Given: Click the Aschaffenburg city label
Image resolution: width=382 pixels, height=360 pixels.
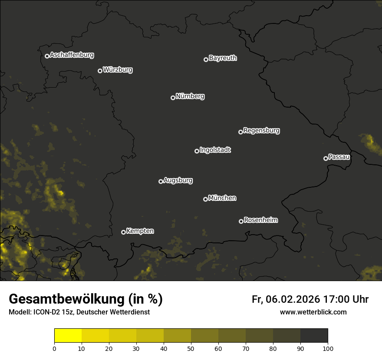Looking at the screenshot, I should point(72,55).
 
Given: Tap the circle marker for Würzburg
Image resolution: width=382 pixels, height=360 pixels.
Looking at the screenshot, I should point(100,71).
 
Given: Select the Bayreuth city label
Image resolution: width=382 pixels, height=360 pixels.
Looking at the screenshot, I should point(223,58).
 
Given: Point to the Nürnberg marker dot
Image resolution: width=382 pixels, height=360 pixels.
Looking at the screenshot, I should point(173,98).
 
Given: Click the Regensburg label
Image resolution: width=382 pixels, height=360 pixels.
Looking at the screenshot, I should point(261,130).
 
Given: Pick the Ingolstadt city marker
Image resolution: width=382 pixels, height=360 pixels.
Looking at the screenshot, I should point(197,151).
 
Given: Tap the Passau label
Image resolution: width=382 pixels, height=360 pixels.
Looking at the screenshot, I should point(339,157).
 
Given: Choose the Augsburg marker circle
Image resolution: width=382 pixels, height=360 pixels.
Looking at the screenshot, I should point(161,181).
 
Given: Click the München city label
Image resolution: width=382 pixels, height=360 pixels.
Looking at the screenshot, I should point(222,198).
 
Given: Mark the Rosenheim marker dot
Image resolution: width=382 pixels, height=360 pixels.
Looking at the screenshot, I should point(241,221).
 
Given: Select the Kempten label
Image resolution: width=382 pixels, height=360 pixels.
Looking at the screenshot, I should point(140,231).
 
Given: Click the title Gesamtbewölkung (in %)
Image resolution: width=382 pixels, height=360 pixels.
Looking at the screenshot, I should point(86,299).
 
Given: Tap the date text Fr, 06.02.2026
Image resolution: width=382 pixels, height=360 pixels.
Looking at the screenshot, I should point(286,299).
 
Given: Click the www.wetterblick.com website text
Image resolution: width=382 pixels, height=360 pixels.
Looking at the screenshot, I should point(313,312).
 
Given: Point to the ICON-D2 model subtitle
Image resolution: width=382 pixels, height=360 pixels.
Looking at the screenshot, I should point(79,312).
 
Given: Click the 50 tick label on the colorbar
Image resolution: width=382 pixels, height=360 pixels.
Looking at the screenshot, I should point(191,348).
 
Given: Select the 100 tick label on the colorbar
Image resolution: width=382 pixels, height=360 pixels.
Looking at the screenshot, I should point(328,348).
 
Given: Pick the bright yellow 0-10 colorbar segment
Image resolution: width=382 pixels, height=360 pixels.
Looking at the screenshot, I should point(68,336).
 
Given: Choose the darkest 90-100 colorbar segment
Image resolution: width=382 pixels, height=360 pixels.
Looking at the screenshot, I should point(314,336).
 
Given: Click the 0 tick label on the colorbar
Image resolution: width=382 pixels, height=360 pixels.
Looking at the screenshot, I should point(54,348).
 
